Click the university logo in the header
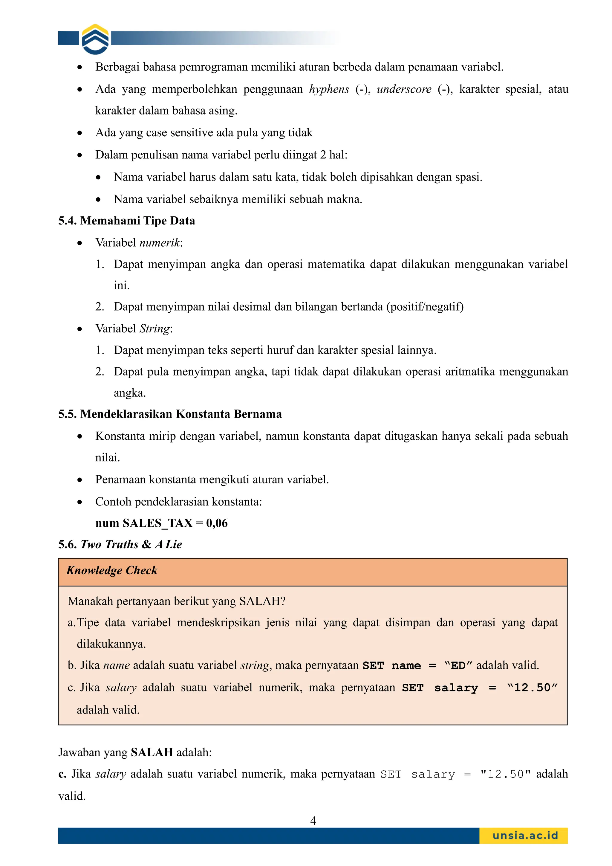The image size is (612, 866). [95, 39]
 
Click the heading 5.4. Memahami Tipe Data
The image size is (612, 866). [126, 221]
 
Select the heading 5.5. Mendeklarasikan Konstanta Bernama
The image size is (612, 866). [170, 414]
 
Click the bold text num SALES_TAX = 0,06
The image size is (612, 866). [161, 523]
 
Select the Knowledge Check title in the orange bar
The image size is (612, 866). [112, 570]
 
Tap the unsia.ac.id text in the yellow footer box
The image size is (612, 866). [525, 836]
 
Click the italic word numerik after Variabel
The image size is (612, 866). [160, 242]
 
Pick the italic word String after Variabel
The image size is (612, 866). [154, 329]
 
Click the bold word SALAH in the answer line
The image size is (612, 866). [152, 752]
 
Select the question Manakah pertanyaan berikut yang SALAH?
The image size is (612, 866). [177, 601]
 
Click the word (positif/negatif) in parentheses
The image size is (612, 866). [425, 307]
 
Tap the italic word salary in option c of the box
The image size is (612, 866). [121, 688]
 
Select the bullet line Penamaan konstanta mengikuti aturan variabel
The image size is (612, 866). [212, 480]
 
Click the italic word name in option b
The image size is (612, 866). [117, 665]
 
